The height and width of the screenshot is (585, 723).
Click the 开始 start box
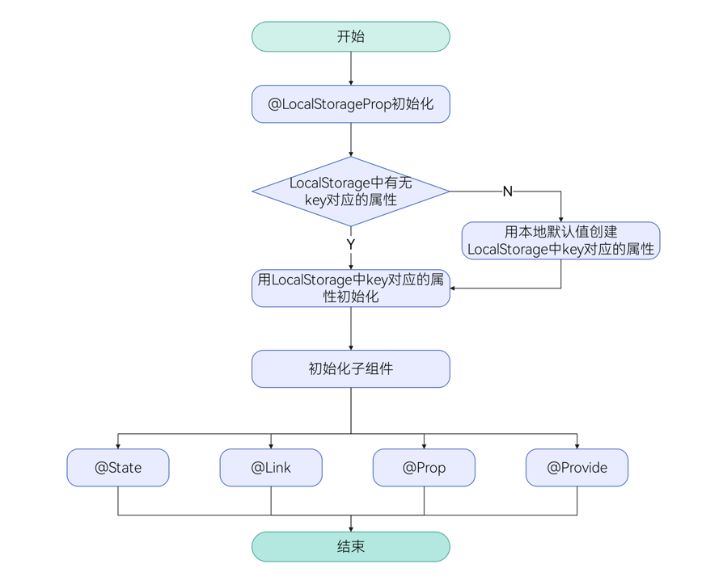[350, 36]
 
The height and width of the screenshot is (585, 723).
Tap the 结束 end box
[350, 547]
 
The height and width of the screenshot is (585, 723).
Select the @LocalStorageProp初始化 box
[350, 104]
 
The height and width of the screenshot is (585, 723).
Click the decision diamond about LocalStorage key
[350, 191]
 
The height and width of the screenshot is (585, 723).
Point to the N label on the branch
[507, 191]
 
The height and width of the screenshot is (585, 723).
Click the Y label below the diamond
[350, 244]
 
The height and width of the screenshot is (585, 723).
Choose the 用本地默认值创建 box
[560, 241]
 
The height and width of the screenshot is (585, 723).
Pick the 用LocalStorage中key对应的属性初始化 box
[350, 288]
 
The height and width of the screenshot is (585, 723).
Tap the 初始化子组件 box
[350, 368]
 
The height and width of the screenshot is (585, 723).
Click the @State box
[118, 468]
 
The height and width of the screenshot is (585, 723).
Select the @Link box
[271, 468]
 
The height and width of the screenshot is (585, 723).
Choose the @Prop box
[424, 468]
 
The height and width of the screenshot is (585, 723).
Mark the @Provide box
[577, 468]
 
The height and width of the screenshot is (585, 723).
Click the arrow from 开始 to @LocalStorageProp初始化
[351, 68]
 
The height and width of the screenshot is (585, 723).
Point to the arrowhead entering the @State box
[118, 446]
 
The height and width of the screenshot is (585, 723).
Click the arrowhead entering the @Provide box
[577, 446]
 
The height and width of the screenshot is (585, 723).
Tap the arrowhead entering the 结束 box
[351, 529]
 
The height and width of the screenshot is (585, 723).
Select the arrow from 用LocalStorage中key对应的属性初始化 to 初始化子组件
[351, 328]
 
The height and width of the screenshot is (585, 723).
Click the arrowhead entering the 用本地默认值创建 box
[560, 219]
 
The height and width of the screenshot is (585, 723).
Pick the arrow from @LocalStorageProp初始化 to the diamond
[351, 139]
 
